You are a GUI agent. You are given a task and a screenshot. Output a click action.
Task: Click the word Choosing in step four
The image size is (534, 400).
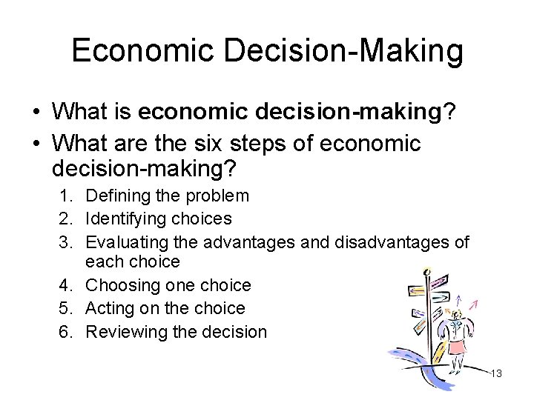coord(119,285)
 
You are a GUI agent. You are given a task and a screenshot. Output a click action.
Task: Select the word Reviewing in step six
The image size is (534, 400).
coord(122,331)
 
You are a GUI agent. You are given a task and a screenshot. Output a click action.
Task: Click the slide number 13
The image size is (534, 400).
coord(495,373)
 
